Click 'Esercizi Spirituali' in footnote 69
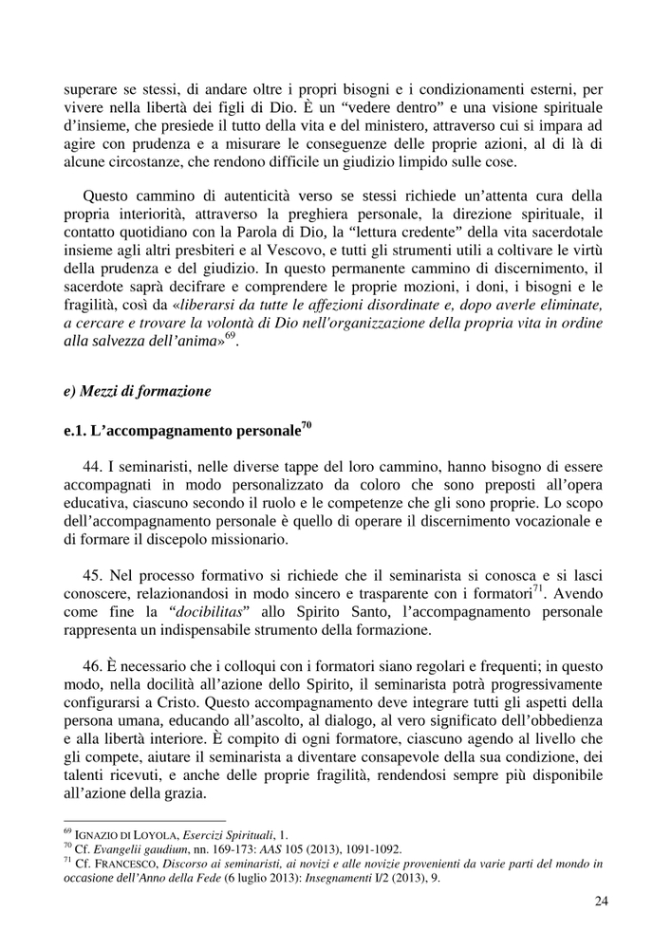click(x=212, y=835)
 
